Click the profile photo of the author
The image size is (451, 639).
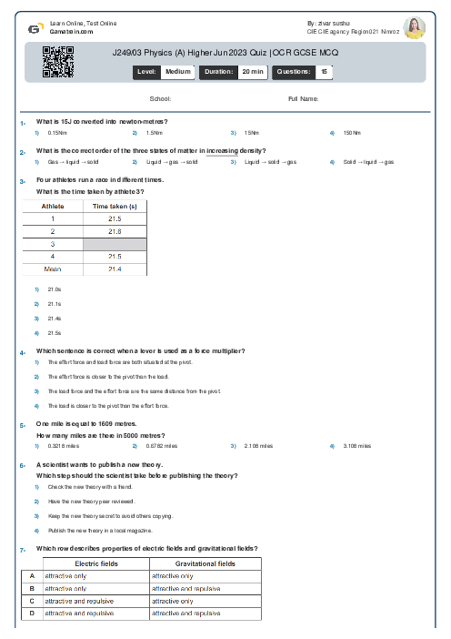tap(414, 27)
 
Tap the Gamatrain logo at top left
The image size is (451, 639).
tap(34, 27)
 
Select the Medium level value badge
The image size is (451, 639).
tap(178, 71)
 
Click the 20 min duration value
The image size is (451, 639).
tap(253, 71)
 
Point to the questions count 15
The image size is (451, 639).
tap(324, 71)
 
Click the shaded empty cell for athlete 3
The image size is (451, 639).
tap(115, 244)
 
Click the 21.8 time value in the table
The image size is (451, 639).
tap(115, 232)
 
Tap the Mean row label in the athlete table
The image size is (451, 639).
tap(53, 269)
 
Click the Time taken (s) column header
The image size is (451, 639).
tap(115, 207)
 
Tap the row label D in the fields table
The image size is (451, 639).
tap(32, 614)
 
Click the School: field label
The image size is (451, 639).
tap(160, 98)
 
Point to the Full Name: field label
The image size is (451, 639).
tap(303, 98)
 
